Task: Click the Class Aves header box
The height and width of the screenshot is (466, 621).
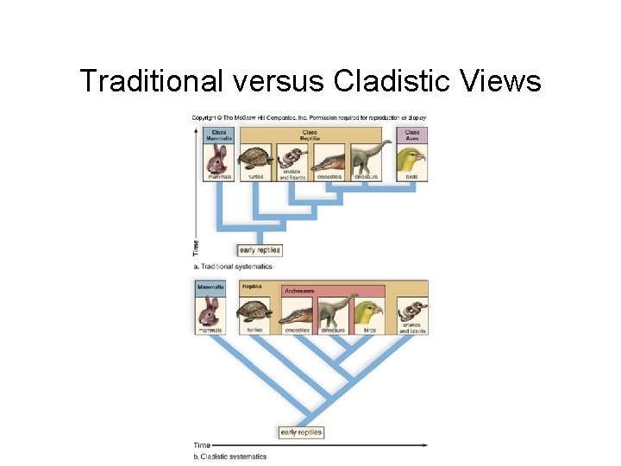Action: click(412, 135)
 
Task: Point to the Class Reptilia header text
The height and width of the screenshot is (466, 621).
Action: click(310, 135)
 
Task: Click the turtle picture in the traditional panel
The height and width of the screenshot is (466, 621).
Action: click(254, 159)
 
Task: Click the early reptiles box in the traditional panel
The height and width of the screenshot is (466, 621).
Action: click(259, 250)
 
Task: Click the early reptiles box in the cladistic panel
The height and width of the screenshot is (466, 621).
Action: click(301, 432)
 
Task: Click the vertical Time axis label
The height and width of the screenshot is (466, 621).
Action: click(195, 248)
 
